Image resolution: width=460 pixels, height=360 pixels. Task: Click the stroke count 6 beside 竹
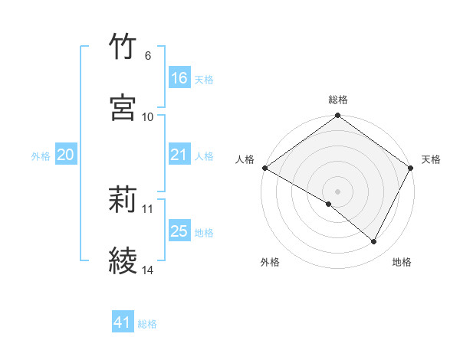point(147,56)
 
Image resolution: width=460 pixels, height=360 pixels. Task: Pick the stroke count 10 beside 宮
point(148,116)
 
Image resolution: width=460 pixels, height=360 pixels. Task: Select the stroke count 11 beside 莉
point(148,208)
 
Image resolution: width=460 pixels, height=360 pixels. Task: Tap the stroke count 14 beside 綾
point(148,270)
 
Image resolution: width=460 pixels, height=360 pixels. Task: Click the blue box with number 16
point(179,78)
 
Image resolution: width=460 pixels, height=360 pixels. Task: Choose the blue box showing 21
point(179,155)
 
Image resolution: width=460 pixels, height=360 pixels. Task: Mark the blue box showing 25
point(179,231)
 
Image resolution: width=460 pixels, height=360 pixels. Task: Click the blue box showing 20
point(66,155)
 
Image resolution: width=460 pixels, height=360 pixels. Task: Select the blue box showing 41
point(123,323)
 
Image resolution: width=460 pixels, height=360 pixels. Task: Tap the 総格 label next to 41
point(147,324)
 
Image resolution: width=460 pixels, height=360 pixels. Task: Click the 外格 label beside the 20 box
point(41,155)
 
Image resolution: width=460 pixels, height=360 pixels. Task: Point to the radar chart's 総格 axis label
point(338,100)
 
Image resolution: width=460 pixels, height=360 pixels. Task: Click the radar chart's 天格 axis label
point(432,159)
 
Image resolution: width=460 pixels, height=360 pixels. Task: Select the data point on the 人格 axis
point(264,168)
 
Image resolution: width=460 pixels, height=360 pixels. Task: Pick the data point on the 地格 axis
point(374,242)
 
